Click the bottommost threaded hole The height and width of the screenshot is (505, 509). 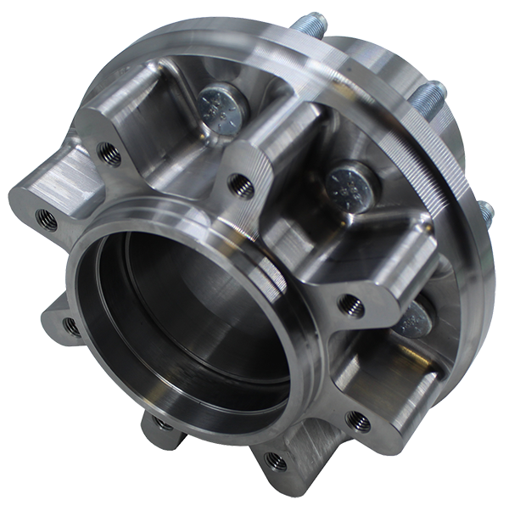coord(273,462)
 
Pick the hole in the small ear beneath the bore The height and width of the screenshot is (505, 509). coord(159,424)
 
